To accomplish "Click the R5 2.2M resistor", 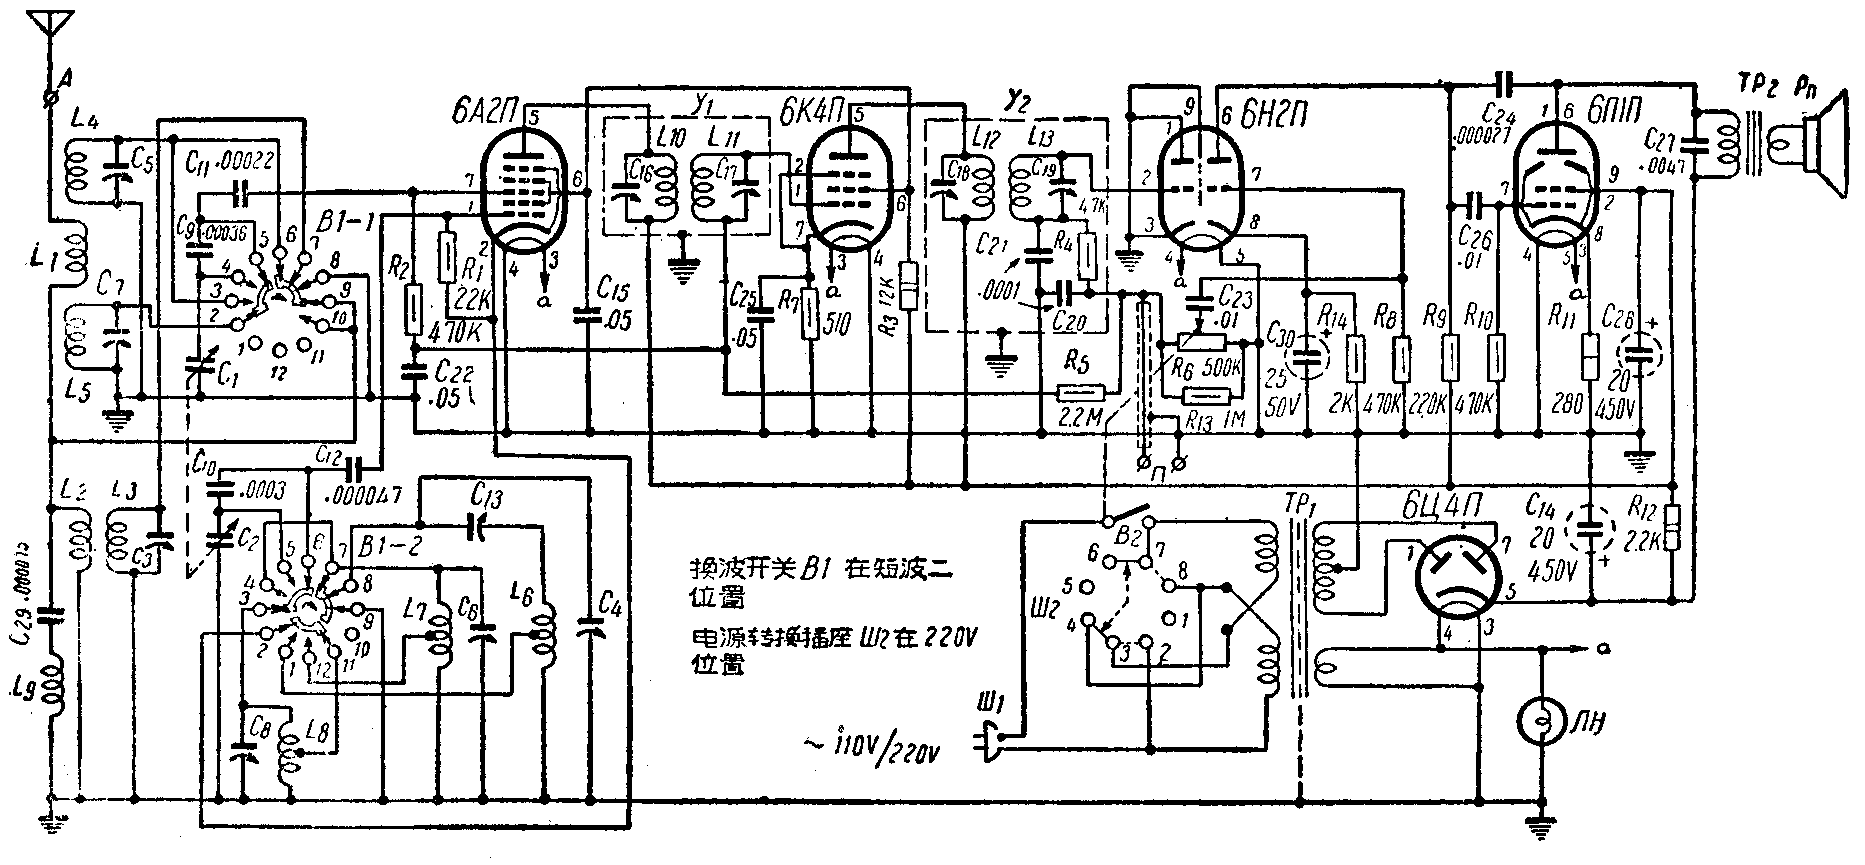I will pos(1081,395).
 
